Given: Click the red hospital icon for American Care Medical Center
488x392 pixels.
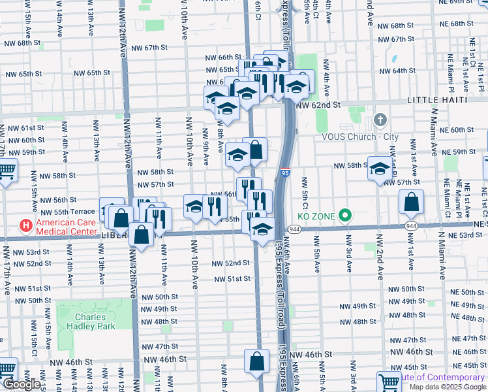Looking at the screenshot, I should [x=26, y=226].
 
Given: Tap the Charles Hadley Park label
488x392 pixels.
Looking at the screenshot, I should [x=85, y=321].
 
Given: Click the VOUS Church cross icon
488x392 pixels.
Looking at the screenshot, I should [x=380, y=122].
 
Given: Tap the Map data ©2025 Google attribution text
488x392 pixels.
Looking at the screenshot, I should [x=448, y=387].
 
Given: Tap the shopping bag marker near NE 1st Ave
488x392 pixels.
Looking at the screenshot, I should [x=411, y=203].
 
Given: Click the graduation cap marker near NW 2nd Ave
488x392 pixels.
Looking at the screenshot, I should [x=380, y=169].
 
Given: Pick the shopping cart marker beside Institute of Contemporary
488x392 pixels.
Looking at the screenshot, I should [x=389, y=382].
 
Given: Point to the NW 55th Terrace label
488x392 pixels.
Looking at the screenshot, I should [x=68, y=212].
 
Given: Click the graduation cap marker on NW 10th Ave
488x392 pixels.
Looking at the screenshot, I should [x=194, y=206].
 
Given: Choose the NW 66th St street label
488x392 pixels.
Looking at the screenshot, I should [x=221, y=57].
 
